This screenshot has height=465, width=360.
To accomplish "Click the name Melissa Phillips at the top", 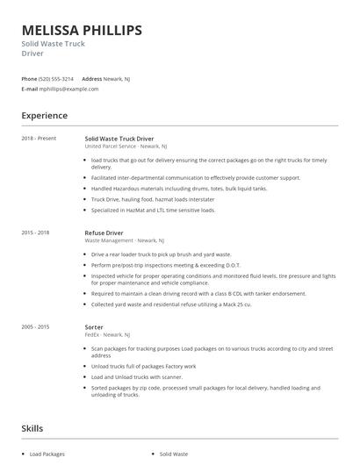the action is (x=82, y=31).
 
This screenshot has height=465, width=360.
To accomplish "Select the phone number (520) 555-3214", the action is (x=56, y=78).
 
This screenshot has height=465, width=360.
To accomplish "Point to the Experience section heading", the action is (x=44, y=115).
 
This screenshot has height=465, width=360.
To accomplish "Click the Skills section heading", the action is (x=32, y=429).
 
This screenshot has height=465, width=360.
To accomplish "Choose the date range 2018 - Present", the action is (x=39, y=139).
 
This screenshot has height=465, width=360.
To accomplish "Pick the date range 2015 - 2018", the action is (x=36, y=233).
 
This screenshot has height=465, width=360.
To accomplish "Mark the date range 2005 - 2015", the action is (x=36, y=326).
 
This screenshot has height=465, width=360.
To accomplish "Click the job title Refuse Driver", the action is (x=104, y=233).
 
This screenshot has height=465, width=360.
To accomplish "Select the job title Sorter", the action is (x=94, y=326).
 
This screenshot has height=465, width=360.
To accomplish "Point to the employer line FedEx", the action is (x=107, y=333).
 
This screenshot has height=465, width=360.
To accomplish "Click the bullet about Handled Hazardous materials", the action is (x=155, y=188).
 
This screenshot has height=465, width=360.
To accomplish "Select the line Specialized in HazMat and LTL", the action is (x=153, y=210).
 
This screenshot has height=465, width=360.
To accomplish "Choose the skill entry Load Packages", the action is (x=47, y=454).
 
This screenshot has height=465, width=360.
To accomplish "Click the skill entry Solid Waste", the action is (x=174, y=454).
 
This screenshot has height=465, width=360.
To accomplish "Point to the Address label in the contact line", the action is (x=92, y=78).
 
